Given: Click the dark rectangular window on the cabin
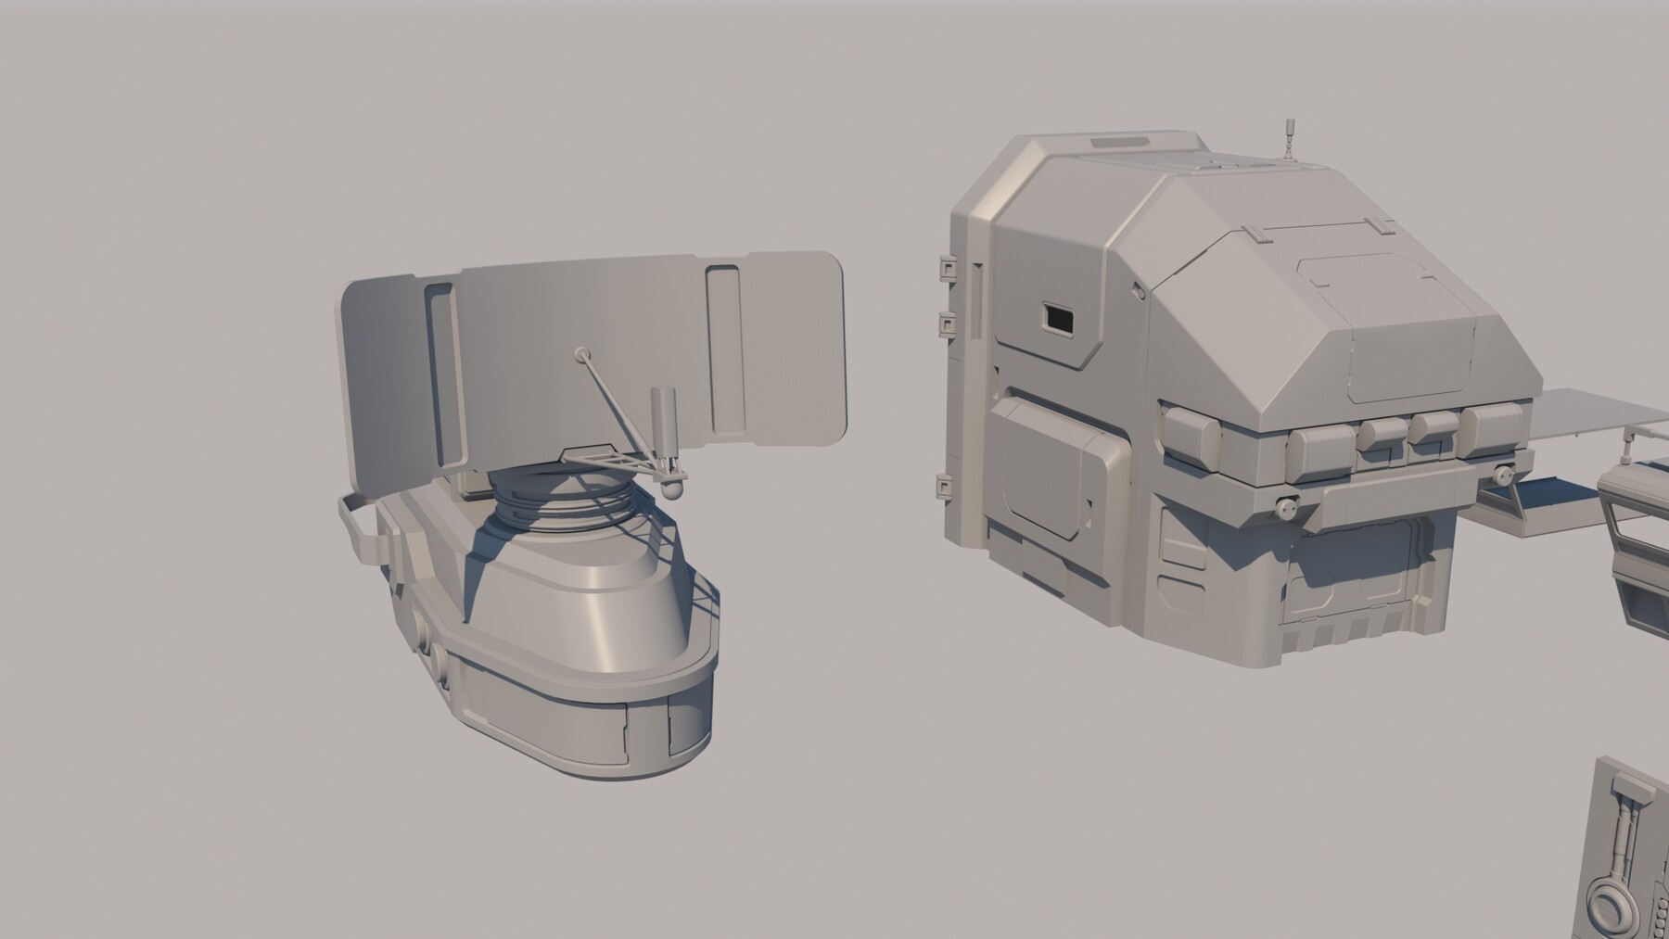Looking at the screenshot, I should (x=1057, y=319).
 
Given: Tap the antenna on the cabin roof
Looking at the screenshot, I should (x=1287, y=139).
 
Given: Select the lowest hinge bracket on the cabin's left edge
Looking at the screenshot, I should (x=944, y=487).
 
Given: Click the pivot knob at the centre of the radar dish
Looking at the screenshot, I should (x=581, y=353).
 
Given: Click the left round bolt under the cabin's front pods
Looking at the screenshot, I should (x=1285, y=507).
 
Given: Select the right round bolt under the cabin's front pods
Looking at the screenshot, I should (x=1502, y=476).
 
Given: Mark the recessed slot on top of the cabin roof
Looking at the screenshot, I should (x=1120, y=143).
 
